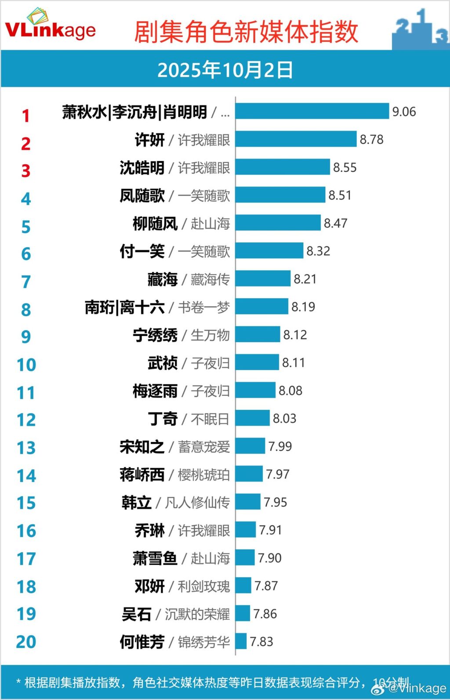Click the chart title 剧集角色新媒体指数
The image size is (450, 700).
click(246, 32)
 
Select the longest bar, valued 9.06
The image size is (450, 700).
click(312, 111)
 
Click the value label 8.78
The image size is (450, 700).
click(371, 140)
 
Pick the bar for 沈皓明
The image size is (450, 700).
click(283, 167)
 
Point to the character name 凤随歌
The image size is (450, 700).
click(142, 196)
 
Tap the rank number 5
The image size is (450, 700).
click(26, 227)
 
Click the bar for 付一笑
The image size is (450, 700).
click(269, 251)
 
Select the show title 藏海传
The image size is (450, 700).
click(210, 279)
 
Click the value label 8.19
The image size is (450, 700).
click(303, 307)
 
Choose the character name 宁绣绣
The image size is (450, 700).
click(155, 335)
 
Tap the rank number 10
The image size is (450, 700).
click(26, 365)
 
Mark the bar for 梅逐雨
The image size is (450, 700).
click(255, 390)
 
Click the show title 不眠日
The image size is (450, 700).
click(210, 419)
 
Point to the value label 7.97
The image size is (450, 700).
click(278, 474)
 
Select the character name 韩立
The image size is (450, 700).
click(136, 503)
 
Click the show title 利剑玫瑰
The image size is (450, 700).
click(203, 586)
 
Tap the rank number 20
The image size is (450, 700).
click(26, 642)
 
